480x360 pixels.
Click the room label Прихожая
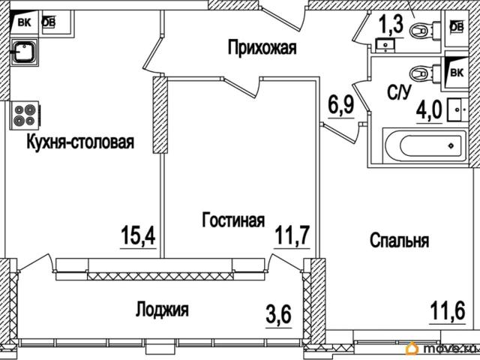262,49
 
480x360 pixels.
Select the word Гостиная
233,220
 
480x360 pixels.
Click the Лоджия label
162,309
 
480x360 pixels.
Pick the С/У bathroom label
397,94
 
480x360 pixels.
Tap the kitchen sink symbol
25,52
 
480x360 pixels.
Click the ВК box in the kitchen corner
24,22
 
